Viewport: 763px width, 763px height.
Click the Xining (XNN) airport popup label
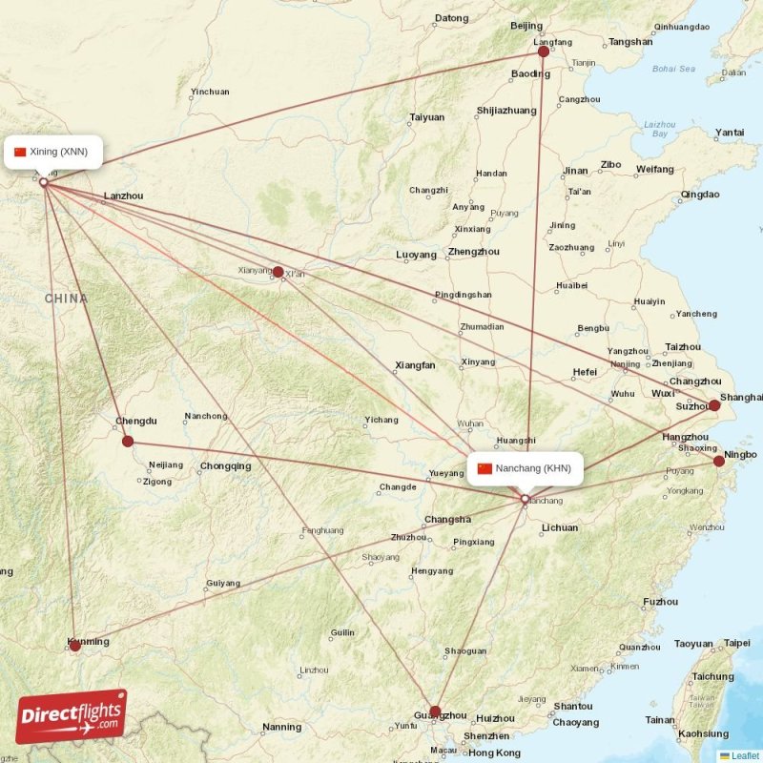tap(52, 152)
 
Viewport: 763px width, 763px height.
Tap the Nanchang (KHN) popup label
tap(525, 468)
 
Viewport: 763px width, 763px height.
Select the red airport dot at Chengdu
tap(128, 441)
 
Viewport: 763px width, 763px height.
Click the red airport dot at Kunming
tap(75, 646)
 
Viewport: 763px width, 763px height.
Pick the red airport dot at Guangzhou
tap(435, 711)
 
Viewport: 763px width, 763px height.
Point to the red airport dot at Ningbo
tap(719, 461)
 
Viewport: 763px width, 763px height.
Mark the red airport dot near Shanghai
tap(714, 405)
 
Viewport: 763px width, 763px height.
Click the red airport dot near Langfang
tap(544, 52)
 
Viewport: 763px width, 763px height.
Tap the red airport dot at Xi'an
tap(278, 272)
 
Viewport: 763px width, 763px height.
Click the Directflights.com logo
tap(72, 716)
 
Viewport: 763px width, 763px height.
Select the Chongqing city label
tap(225, 466)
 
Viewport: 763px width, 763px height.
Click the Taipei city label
tap(736, 643)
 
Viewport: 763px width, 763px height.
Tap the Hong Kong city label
tap(494, 753)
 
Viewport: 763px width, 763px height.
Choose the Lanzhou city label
tap(123, 196)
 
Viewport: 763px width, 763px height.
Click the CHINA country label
tap(66, 299)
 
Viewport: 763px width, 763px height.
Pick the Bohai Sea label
tap(674, 69)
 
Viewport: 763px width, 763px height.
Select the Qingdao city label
tap(700, 195)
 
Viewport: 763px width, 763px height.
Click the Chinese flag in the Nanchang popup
tap(485, 468)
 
